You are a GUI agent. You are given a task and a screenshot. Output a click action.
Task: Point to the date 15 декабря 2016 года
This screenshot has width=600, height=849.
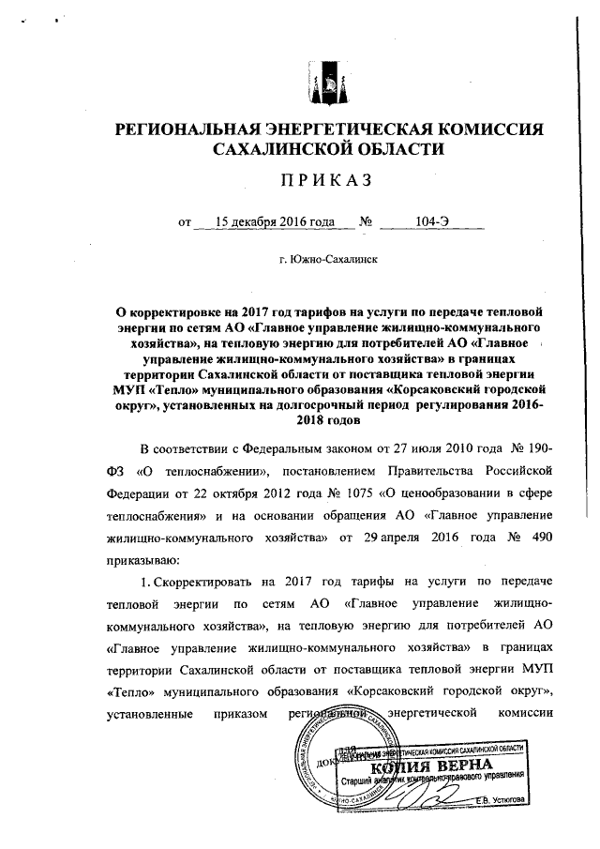(275, 222)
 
